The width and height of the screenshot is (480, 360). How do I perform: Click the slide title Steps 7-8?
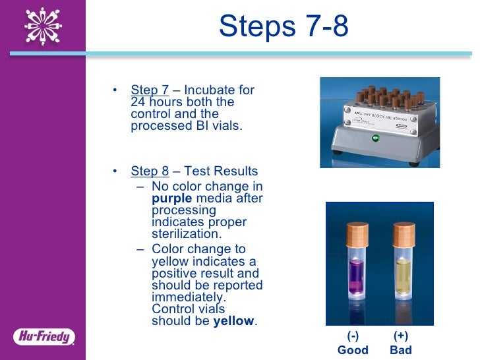[284, 26]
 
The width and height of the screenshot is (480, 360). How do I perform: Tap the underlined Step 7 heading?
[150, 90]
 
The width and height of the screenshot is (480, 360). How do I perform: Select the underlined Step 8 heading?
[150, 171]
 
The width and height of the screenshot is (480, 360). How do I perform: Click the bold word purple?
[171, 199]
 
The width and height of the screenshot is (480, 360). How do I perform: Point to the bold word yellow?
[234, 321]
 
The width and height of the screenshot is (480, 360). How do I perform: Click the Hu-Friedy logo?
[44, 337]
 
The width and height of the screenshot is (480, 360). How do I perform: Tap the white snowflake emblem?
[43, 26]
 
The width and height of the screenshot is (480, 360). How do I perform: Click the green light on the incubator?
[375, 138]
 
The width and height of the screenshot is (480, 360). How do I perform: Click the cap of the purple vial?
[357, 235]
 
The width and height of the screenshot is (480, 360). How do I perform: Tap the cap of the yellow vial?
[404, 235]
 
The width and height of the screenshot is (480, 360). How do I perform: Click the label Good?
[353, 350]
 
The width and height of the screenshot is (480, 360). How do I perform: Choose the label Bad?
[401, 350]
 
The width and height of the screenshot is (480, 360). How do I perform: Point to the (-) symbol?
[353, 336]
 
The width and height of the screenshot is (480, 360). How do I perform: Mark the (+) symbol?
[401, 336]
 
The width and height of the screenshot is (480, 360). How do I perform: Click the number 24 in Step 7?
[138, 102]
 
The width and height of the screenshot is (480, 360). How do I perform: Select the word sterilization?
[187, 234]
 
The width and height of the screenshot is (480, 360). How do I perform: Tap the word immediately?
[189, 297]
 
